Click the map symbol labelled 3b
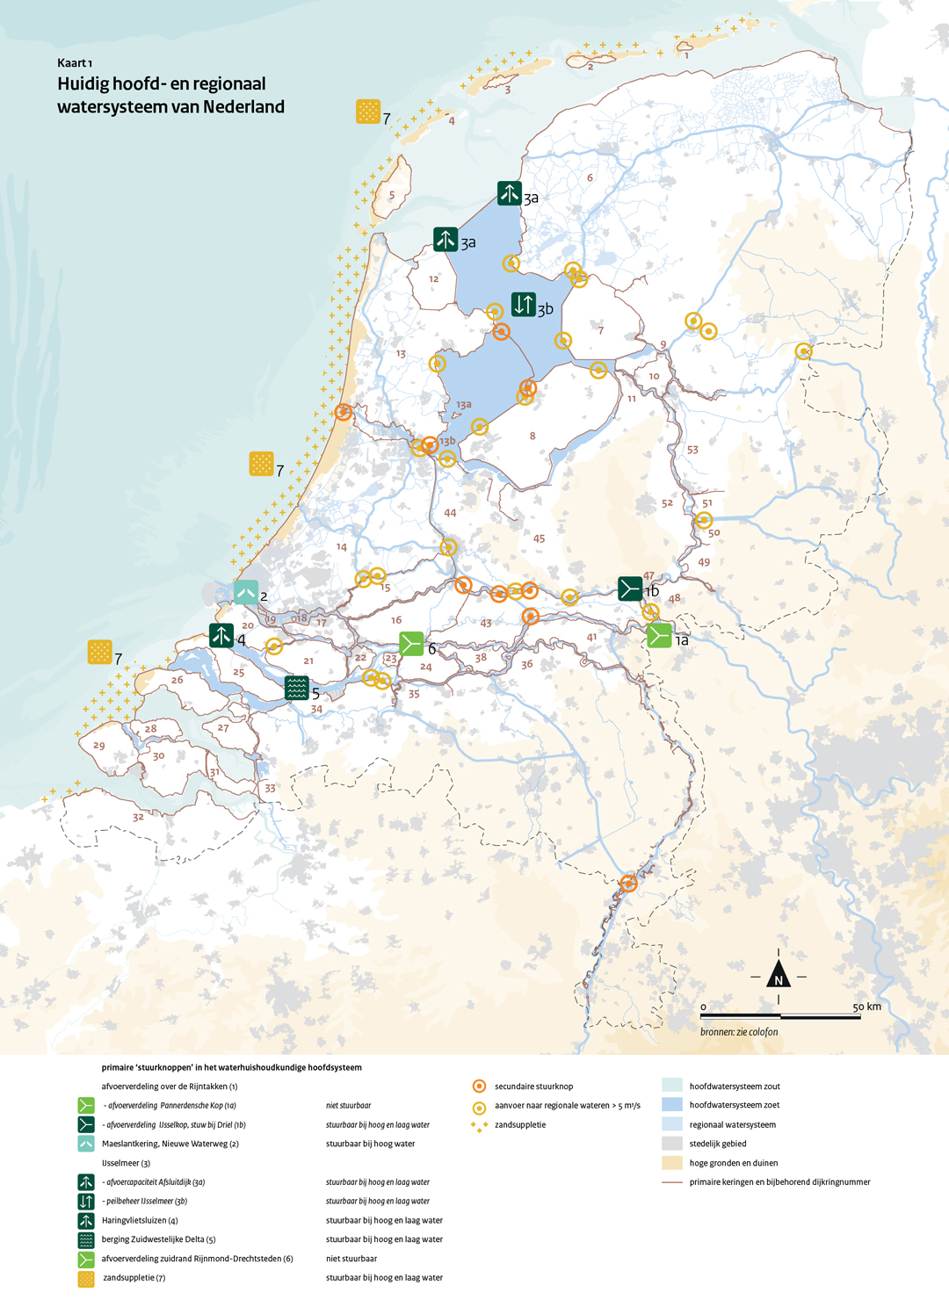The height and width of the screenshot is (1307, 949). pyautogui.click(x=524, y=304)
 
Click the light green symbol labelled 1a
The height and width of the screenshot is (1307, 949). pyautogui.click(x=659, y=635)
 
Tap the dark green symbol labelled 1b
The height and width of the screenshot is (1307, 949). pyautogui.click(x=630, y=588)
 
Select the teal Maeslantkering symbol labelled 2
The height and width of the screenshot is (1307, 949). pyautogui.click(x=246, y=592)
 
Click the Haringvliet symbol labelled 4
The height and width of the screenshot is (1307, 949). pyautogui.click(x=221, y=635)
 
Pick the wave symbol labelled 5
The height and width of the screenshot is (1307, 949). pyautogui.click(x=297, y=688)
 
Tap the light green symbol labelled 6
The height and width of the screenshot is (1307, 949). pyautogui.click(x=411, y=644)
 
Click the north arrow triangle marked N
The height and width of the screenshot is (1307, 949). pyautogui.click(x=779, y=976)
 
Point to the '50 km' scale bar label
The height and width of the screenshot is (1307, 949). pyautogui.click(x=866, y=1007)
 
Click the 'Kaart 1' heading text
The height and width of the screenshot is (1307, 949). pyautogui.click(x=75, y=63)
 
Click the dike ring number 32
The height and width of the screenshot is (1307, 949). pyautogui.click(x=138, y=817)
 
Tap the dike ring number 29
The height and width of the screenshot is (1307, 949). pyautogui.click(x=98, y=746)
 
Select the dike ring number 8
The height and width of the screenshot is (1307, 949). pyautogui.click(x=532, y=436)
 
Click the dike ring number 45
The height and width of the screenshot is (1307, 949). pyautogui.click(x=539, y=538)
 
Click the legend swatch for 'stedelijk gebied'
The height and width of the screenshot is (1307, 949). pyautogui.click(x=672, y=1144)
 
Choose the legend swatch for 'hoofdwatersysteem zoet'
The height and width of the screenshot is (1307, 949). pyautogui.click(x=672, y=1105)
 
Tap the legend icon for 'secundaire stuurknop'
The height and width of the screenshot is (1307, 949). pyautogui.click(x=479, y=1087)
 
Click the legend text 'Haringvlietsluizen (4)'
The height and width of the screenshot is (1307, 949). pyautogui.click(x=140, y=1220)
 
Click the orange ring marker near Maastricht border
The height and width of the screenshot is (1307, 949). pyautogui.click(x=628, y=883)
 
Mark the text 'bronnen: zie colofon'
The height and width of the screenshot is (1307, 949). pyautogui.click(x=739, y=1032)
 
